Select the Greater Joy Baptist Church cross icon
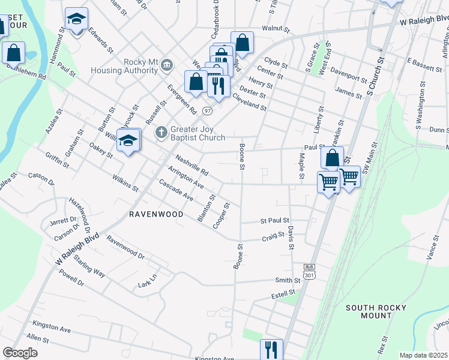161,132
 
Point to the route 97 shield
207,111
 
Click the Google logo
20,353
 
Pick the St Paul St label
275,221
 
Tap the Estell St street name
284,293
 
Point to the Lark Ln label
147,280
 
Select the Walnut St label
276,28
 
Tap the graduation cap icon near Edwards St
76,20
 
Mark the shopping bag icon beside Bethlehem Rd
13,53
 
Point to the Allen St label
38,339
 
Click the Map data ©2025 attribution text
423,355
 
